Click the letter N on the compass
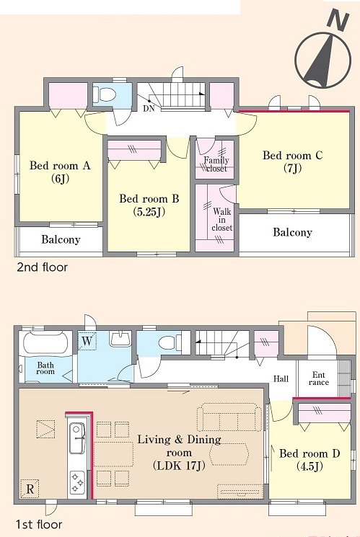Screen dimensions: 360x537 pyautogui.click(x=338, y=21)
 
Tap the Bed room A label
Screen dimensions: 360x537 pyautogui.click(x=60, y=166)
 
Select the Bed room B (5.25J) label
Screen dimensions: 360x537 pyautogui.click(x=149, y=205)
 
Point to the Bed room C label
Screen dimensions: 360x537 pyautogui.click(x=292, y=156)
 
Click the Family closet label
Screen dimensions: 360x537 pyautogui.click(x=216, y=164)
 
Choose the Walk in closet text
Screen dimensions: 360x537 pyautogui.click(x=221, y=220)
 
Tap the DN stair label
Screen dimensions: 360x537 pyautogui.click(x=149, y=109)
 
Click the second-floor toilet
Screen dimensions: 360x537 pyautogui.click(x=104, y=94)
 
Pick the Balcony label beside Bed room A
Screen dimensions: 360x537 pyautogui.click(x=61, y=239)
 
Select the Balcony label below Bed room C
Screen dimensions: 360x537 pyautogui.click(x=292, y=232)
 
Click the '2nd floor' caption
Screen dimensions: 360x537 pyautogui.click(x=42, y=267)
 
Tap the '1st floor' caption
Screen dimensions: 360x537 pyautogui.click(x=39, y=524)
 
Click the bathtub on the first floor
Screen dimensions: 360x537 pyautogui.click(x=45, y=343)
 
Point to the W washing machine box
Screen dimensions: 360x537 pyautogui.click(x=87, y=341)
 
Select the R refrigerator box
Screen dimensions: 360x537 pyautogui.click(x=30, y=489)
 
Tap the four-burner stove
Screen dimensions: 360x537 pyautogui.click(x=77, y=482)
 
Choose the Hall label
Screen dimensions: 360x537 pyautogui.click(x=281, y=378)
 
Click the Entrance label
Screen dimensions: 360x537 pyautogui.click(x=318, y=378)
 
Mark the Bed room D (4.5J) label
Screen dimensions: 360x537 pyautogui.click(x=309, y=460)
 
